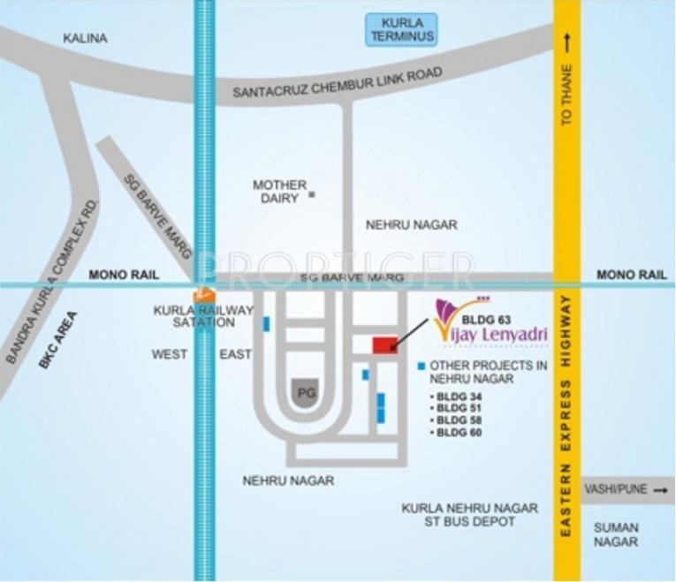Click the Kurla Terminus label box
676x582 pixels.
tap(402, 30)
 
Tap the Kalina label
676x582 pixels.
tap(86, 39)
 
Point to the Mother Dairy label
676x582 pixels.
tap(279, 192)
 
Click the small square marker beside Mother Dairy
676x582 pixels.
tap(312, 194)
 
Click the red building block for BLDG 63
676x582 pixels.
tap(385, 345)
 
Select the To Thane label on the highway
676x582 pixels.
tap(566, 93)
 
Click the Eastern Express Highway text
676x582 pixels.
tap(566, 415)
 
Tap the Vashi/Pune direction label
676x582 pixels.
tap(619, 489)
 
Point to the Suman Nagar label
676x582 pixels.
tap(616, 535)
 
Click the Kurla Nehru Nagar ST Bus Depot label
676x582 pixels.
tap(469, 515)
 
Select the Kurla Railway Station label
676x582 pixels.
tap(203, 316)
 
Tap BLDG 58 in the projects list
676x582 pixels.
tap(459, 420)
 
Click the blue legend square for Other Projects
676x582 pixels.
tap(422, 366)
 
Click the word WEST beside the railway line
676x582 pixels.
tap(170, 355)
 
